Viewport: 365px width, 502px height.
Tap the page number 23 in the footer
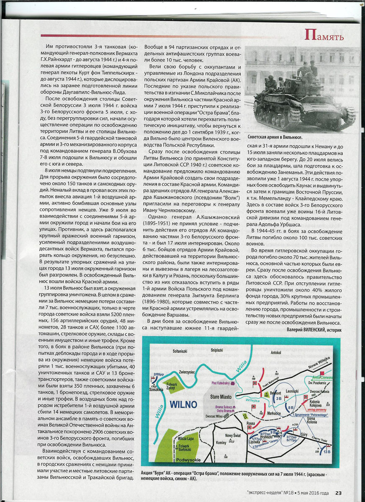pyautogui.click(x=339, y=493)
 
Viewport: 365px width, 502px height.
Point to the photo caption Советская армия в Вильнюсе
pyautogui.click(x=275, y=137)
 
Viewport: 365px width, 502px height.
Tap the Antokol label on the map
pyautogui.click(x=275, y=352)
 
